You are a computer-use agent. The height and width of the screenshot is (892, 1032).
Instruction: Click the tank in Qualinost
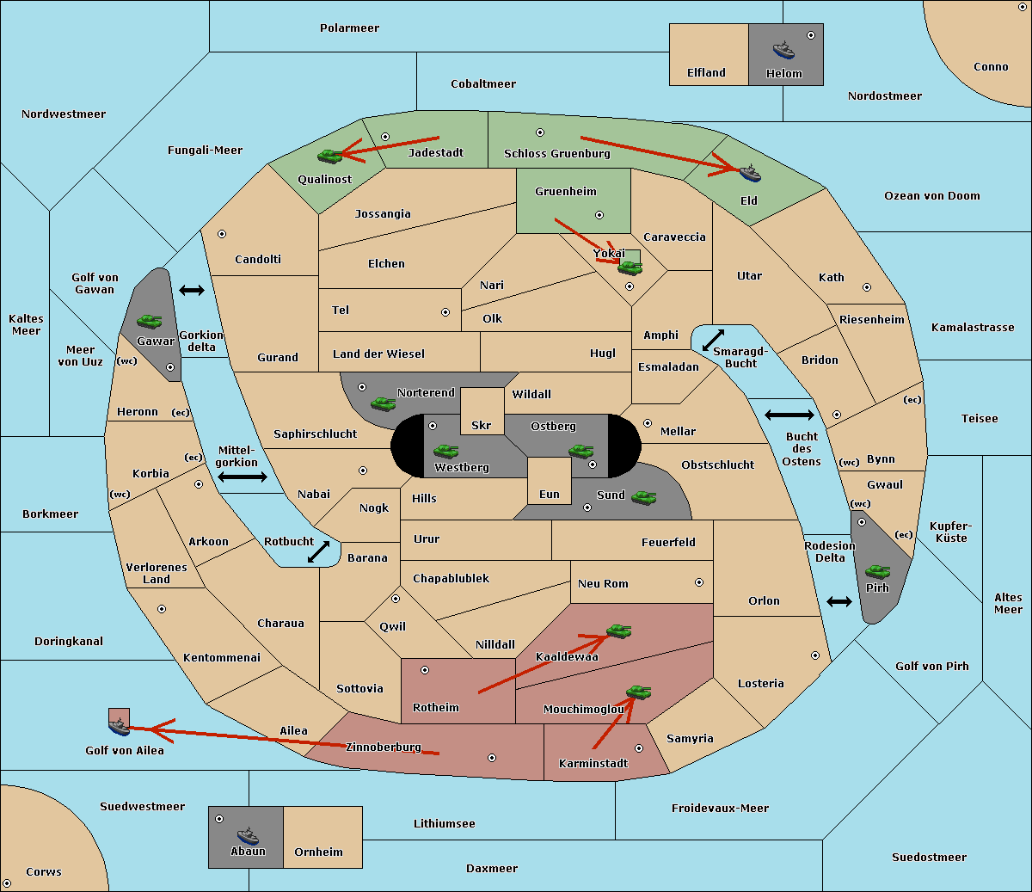[x=329, y=157]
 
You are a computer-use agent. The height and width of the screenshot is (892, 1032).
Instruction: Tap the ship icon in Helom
[x=783, y=50]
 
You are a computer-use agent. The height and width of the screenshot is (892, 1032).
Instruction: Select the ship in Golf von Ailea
[x=120, y=726]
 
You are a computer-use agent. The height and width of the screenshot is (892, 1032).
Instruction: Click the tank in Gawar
[x=149, y=321]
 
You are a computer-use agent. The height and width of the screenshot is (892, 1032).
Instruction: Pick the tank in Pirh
[x=877, y=571]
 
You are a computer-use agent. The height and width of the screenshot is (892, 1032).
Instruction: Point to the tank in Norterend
[x=383, y=403]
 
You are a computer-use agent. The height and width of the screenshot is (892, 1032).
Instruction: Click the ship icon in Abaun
[x=249, y=835]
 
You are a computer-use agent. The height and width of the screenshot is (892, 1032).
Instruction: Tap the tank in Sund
[x=643, y=497]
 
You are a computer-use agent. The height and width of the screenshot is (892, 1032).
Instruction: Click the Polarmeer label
[x=349, y=28]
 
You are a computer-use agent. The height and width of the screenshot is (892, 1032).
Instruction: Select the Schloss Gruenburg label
[x=556, y=153]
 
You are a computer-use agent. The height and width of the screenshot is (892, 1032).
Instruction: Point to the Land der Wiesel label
[x=378, y=354]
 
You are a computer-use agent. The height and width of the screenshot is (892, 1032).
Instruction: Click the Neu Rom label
[x=603, y=583]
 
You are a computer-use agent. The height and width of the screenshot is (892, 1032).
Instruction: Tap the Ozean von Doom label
[x=931, y=196]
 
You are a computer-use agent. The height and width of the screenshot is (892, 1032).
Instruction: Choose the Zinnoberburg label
[x=384, y=747]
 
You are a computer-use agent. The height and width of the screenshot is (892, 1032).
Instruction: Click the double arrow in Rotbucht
[x=318, y=551]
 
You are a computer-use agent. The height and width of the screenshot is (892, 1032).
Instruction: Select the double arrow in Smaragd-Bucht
[x=713, y=340]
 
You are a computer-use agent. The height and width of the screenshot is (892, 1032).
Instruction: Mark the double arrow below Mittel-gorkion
[x=243, y=477]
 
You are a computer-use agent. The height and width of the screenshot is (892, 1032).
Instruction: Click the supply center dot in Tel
[x=445, y=312]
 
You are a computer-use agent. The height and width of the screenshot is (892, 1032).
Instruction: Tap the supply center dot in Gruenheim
[x=599, y=215]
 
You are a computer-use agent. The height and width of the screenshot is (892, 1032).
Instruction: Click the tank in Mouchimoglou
[x=639, y=692]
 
